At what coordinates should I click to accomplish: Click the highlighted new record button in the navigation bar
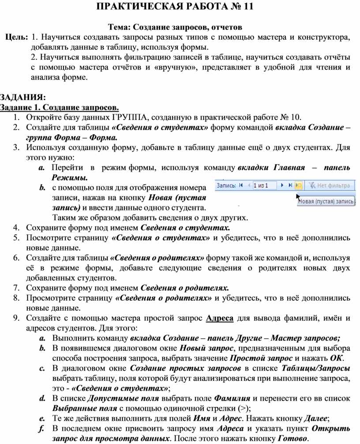[298, 186]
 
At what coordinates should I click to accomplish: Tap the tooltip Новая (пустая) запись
[327, 201]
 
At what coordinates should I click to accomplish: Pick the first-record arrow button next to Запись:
[241, 186]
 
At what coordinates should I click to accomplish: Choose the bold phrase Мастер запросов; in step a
[305, 338]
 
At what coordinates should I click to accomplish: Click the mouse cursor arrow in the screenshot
[299, 197]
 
